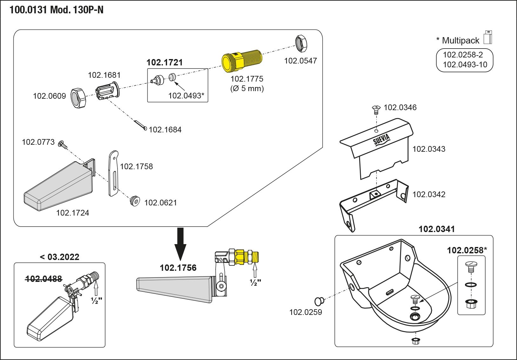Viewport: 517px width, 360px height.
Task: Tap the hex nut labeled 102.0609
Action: [x=78, y=98]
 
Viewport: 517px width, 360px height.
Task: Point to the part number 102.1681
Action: [x=104, y=75]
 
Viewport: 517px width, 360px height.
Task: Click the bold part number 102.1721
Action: [x=164, y=62]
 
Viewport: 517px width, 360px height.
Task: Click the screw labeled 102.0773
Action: [x=62, y=145]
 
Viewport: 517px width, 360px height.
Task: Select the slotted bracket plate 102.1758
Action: [x=113, y=173]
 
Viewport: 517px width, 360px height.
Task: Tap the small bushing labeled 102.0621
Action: [x=135, y=201]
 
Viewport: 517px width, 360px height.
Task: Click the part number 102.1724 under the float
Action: [x=72, y=213]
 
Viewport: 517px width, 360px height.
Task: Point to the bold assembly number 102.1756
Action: [x=178, y=268]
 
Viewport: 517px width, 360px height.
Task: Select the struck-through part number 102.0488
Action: [x=44, y=279]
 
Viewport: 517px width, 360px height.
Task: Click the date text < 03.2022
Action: [x=59, y=257]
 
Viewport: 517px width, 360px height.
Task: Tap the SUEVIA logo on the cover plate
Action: [x=381, y=140]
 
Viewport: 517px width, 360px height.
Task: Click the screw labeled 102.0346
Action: [x=376, y=109]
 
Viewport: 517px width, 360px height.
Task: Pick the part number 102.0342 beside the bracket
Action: [x=429, y=194]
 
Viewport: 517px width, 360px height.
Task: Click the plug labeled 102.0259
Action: [x=319, y=301]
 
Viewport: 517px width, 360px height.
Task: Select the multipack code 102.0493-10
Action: [x=465, y=65]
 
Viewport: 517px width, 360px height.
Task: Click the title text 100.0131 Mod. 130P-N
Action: [x=57, y=10]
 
